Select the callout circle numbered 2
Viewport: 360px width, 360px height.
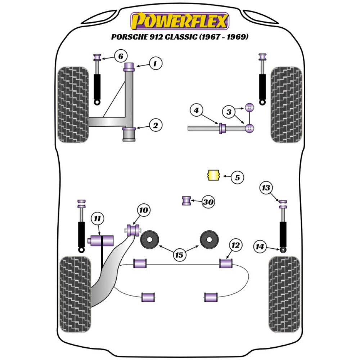point(155,125)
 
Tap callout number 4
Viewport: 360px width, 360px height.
point(196,111)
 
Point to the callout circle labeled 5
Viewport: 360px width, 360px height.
point(237,177)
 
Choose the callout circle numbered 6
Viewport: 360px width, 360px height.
point(121,56)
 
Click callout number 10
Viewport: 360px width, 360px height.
point(144,210)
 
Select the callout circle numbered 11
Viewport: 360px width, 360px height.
point(98,218)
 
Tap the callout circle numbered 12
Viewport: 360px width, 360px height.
point(235,246)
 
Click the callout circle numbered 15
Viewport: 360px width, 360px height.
point(179,255)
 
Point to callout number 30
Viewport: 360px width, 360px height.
point(208,202)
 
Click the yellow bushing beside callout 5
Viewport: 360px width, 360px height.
point(213,175)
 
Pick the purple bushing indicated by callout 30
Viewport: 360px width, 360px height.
point(186,201)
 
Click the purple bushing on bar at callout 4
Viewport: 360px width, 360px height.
point(222,128)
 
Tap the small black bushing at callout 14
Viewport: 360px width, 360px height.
point(283,250)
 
